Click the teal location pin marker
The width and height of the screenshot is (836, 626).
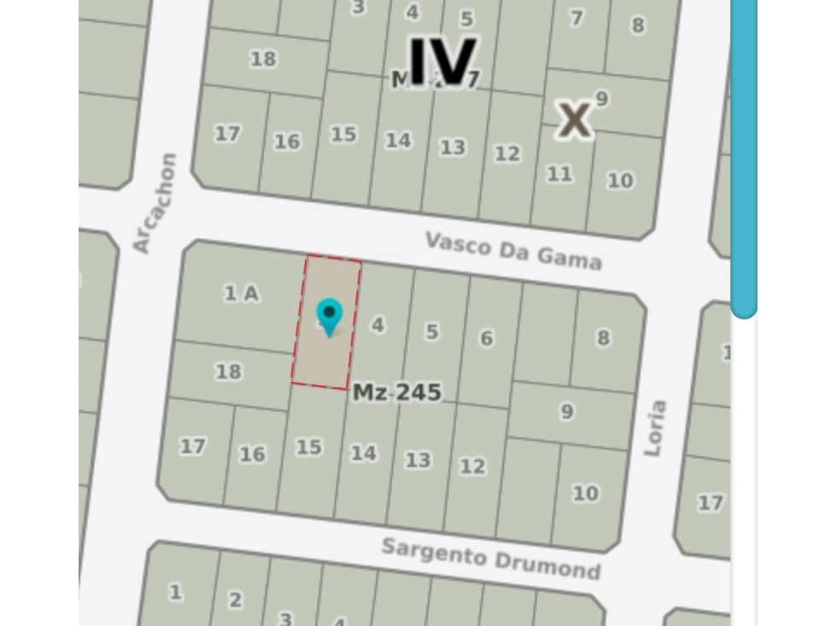tap(329, 317)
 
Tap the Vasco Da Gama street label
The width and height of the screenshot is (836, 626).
tap(513, 250)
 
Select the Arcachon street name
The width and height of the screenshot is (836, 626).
tap(155, 203)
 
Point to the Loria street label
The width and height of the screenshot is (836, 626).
tap(655, 427)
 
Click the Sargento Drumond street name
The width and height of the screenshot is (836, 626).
tap(490, 558)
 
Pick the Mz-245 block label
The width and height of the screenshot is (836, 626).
tap(397, 392)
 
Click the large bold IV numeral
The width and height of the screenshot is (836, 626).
tap(441, 61)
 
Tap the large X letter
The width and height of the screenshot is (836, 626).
tap(575, 119)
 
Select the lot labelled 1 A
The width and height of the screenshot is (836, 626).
tap(241, 293)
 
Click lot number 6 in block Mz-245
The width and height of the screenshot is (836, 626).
tap(486, 338)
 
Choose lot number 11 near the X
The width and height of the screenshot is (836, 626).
tap(559, 174)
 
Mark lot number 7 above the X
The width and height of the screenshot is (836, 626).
tap(577, 17)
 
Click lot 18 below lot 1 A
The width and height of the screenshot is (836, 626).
tap(228, 371)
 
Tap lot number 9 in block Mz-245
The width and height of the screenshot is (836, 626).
tap(566, 412)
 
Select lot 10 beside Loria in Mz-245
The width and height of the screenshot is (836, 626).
tap(585, 493)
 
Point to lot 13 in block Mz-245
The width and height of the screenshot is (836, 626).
tap(418, 460)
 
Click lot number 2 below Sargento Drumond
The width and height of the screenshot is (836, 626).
tap(234, 600)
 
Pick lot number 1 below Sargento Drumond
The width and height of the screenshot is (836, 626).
tap(175, 591)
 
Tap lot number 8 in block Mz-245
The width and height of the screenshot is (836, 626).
tap(603, 338)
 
